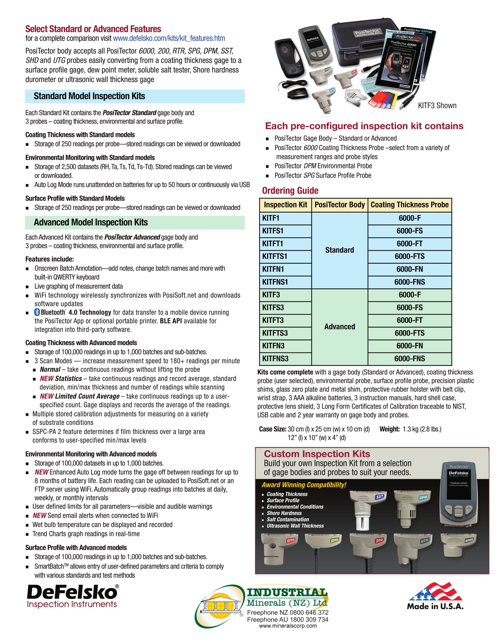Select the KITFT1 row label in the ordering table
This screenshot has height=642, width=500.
point(273,244)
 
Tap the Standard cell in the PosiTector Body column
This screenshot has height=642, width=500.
point(339,250)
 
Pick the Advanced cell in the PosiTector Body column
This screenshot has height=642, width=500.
point(339,327)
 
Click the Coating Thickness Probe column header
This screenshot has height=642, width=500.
point(409,205)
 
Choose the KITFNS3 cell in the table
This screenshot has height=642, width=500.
point(275,359)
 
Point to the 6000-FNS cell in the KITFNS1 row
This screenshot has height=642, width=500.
point(409,282)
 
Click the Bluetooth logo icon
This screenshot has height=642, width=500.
point(37,312)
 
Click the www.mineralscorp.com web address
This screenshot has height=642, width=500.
point(287,626)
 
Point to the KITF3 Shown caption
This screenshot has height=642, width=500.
point(437,106)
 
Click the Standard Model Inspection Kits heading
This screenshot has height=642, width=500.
point(89,96)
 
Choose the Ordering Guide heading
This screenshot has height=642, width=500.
point(290,191)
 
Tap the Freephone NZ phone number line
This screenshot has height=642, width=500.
point(287,612)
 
